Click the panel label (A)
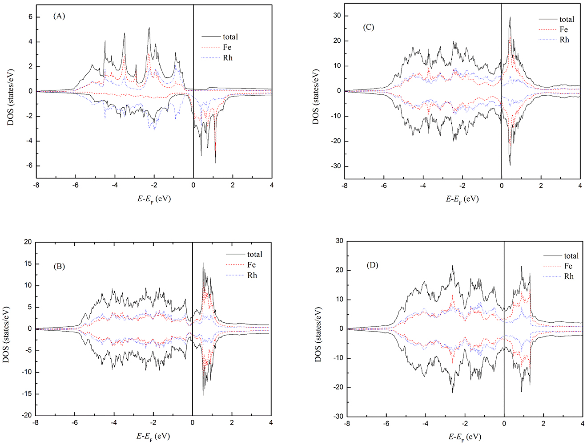(x=59, y=16)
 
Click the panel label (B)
(x=59, y=267)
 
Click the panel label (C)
(x=369, y=27)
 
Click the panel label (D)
(x=372, y=265)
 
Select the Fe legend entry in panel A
(x=227, y=47)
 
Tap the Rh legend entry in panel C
(x=564, y=40)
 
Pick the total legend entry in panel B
(x=254, y=254)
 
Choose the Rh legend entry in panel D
(x=569, y=276)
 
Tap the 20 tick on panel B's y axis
(x=28, y=242)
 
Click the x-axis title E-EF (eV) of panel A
(x=153, y=199)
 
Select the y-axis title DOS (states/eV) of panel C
(x=316, y=97)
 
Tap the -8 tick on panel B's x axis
(x=36, y=423)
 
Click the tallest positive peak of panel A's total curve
(x=149, y=28)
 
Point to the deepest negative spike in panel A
(x=216, y=163)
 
